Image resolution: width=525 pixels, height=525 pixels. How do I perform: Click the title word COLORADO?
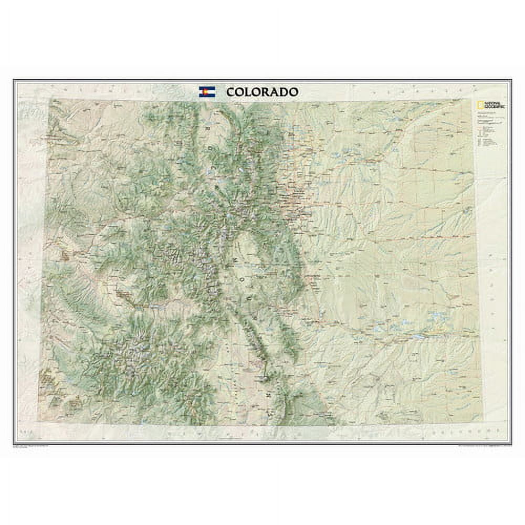point(262,92)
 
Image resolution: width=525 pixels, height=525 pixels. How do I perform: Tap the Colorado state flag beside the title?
point(207,92)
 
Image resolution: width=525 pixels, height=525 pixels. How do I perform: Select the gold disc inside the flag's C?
point(207,92)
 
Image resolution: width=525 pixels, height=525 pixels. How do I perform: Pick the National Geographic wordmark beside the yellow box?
point(488,104)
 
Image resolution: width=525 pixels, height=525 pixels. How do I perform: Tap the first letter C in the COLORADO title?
point(230,92)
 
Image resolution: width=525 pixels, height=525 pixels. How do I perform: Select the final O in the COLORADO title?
point(294,92)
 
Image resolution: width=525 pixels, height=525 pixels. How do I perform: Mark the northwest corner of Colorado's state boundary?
point(50,99)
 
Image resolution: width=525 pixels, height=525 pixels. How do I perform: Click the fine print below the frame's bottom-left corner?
point(31,446)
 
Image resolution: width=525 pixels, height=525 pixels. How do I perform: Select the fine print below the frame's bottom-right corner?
point(483,446)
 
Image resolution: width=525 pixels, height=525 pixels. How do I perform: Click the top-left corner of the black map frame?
point(14,80)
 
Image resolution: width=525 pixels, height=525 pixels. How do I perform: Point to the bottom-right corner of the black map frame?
point(511,444)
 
